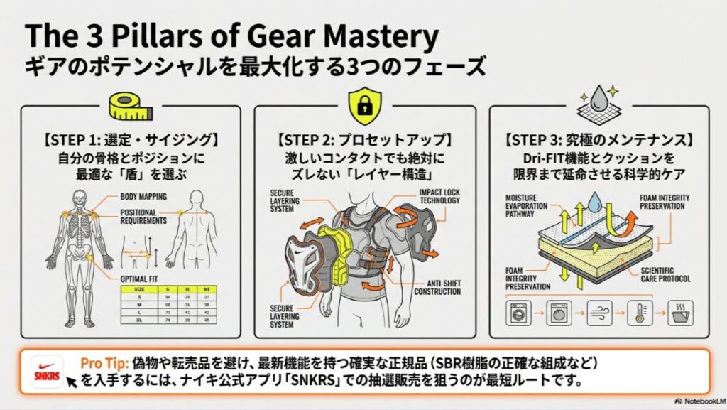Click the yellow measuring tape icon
click(x=130, y=105)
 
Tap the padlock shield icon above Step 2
click(x=363, y=105)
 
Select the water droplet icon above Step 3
click(x=598, y=99)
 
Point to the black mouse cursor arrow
click(x=71, y=382)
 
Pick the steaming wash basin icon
click(x=681, y=312)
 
